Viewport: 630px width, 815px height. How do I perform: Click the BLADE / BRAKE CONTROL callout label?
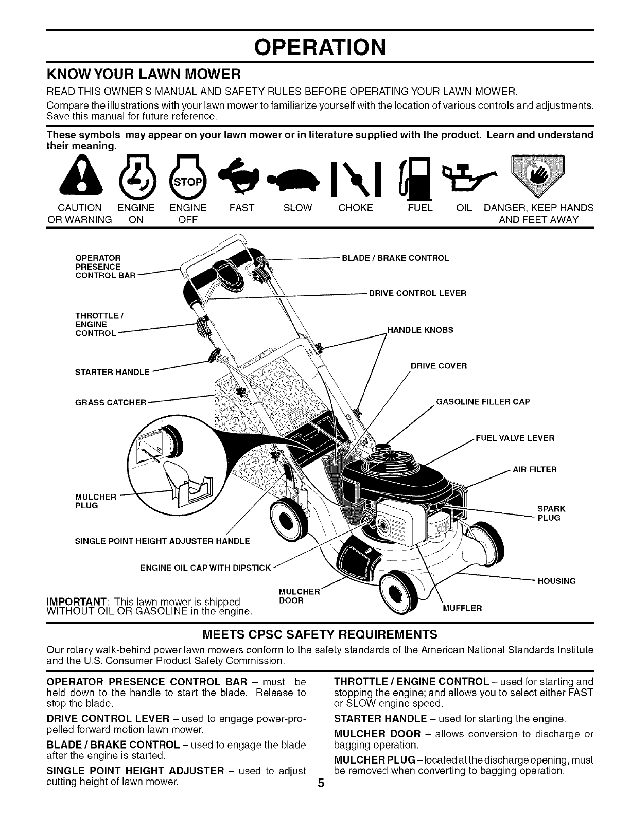[395, 258]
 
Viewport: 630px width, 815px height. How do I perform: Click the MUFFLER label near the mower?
[462, 608]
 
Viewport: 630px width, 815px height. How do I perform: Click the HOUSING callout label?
[556, 581]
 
